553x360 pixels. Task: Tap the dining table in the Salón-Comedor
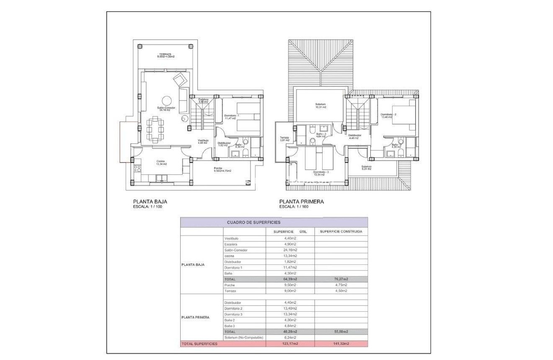point(155,130)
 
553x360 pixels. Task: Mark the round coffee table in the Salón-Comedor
point(166,101)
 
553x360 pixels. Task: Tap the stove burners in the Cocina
point(137,168)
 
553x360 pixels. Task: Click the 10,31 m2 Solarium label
point(320,106)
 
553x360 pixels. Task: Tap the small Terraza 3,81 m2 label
point(284,139)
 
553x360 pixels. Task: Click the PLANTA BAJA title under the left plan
point(150,201)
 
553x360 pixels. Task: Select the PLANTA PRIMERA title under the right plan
point(302,201)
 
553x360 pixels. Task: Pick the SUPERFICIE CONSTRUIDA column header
point(341,231)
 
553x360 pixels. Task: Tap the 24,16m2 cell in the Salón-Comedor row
point(290,250)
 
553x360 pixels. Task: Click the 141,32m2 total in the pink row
point(341,344)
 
